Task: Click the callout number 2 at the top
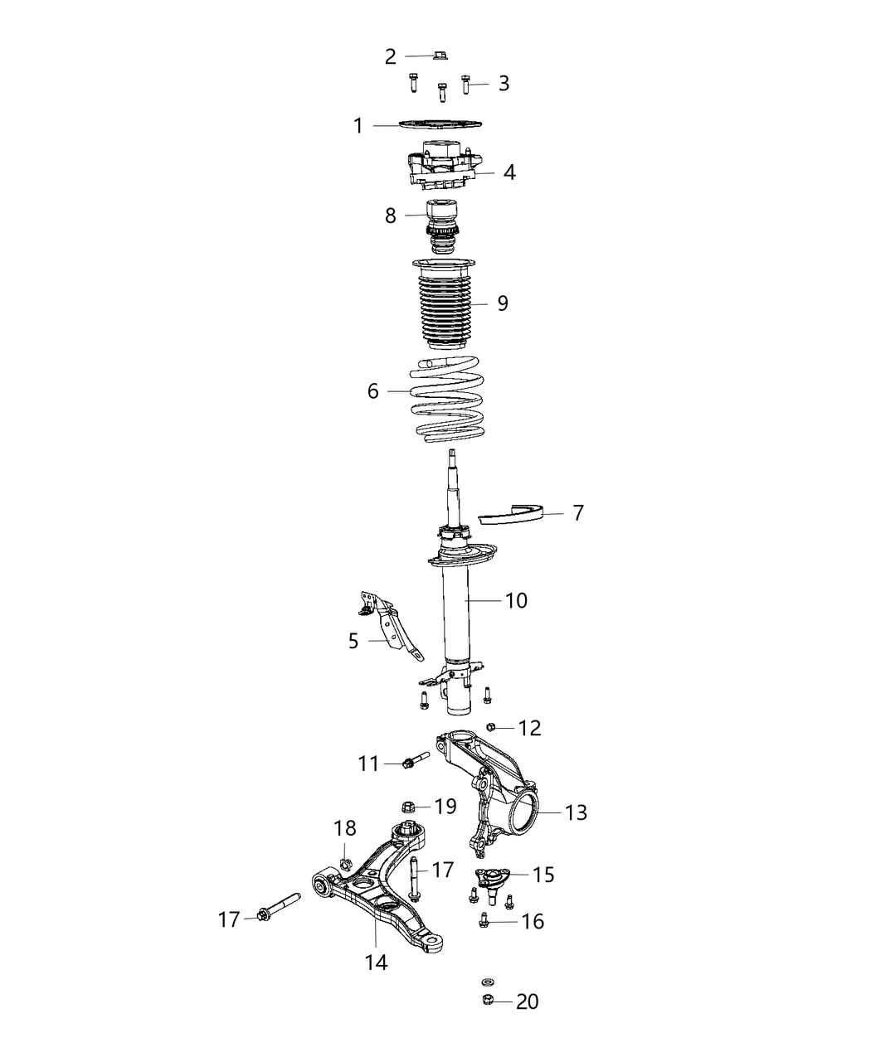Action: click(x=391, y=57)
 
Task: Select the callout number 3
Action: click(x=504, y=84)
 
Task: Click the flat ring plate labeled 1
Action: click(x=440, y=124)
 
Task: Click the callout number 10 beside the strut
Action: click(x=516, y=600)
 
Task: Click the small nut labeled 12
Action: click(x=491, y=727)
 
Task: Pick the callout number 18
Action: click(x=345, y=827)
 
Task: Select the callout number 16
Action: click(x=533, y=921)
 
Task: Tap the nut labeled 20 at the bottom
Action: click(x=488, y=1001)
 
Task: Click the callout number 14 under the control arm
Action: click(x=376, y=962)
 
